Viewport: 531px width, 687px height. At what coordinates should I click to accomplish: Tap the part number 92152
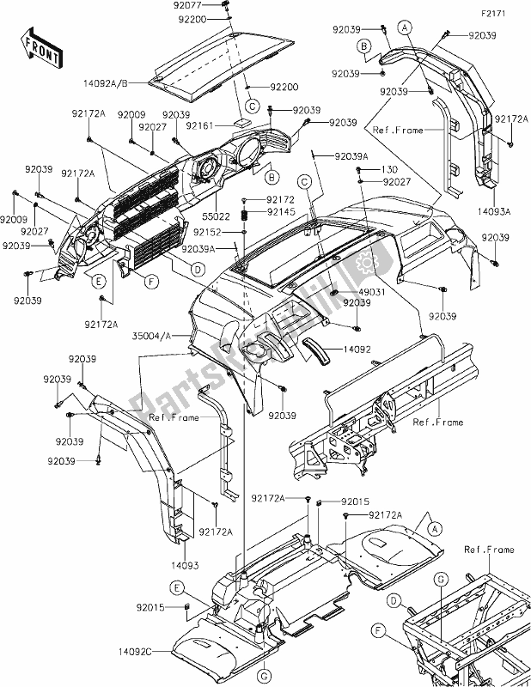click(x=217, y=231)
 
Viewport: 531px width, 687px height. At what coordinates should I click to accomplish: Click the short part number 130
click(x=390, y=170)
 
